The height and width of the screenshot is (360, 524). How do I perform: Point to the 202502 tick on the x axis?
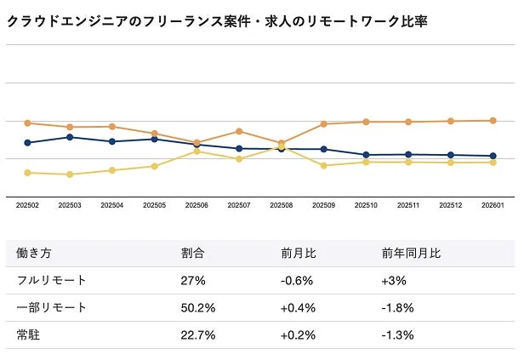[27, 205]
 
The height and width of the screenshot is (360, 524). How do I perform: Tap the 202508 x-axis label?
[282, 205]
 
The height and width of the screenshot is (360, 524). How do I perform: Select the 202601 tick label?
[493, 205]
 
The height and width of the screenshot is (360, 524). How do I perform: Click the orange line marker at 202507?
[239, 131]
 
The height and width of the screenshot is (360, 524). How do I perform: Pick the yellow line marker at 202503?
[70, 174]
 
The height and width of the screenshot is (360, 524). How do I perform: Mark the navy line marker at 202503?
[70, 137]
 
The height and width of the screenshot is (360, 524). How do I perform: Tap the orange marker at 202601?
[493, 120]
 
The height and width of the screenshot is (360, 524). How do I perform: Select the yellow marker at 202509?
[324, 165]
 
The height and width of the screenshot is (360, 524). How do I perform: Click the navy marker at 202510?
[366, 155]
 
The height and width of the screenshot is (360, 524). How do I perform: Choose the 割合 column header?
[193, 253]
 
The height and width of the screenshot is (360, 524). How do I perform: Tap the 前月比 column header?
[299, 253]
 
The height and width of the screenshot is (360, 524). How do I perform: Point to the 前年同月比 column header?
[412, 253]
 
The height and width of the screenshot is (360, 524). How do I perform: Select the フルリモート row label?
[51, 280]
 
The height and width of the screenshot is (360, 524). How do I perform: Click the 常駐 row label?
[28, 334]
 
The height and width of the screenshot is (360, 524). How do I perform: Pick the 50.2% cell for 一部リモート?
[198, 307]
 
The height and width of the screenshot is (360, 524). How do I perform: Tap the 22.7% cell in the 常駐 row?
[198, 334]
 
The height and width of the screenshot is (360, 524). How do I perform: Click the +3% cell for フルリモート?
[395, 280]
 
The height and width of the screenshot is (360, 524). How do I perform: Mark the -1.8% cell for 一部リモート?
[398, 307]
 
